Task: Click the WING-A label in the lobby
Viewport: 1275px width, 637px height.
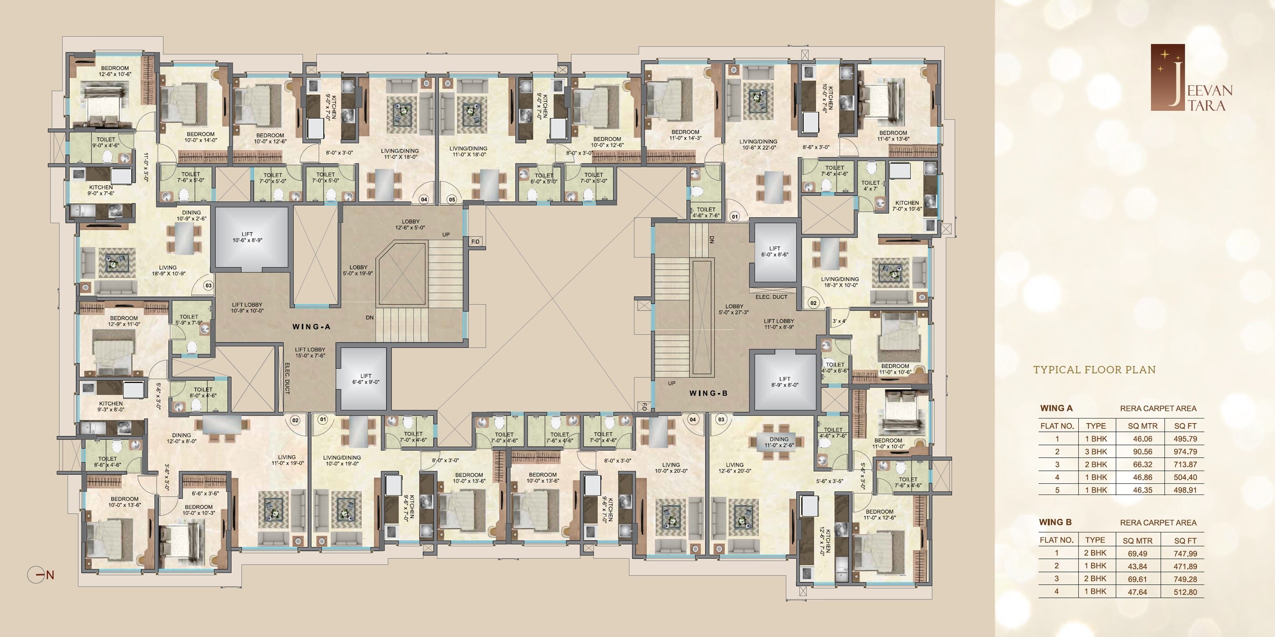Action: click(311, 326)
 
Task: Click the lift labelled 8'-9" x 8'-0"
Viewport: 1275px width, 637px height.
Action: click(785, 381)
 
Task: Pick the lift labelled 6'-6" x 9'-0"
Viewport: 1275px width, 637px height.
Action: click(365, 379)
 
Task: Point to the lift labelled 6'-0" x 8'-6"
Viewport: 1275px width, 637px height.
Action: click(775, 251)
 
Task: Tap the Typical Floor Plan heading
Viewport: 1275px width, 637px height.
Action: click(1094, 369)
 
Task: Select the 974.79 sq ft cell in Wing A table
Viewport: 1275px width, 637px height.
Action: click(1185, 451)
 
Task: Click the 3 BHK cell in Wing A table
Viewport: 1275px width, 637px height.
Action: click(1096, 451)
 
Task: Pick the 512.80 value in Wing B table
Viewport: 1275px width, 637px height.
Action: click(1185, 592)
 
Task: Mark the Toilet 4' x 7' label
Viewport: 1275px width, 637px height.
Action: click(870, 186)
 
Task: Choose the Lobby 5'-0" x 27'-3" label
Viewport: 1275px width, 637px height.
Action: click(734, 309)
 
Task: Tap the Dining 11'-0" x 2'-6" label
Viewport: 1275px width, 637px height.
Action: click(779, 442)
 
